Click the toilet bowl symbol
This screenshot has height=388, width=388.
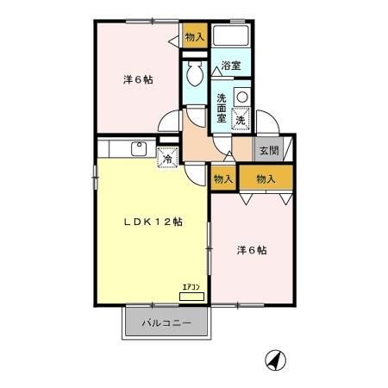pos(195,74)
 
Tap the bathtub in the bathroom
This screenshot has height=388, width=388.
pos(231,35)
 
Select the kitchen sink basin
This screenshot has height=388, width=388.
pos(139,148)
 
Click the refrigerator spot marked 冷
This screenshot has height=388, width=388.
pos(167,157)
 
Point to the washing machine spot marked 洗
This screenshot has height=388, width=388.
pos(241,119)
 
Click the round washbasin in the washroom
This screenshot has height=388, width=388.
pos(242,97)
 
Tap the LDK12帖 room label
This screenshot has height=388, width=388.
pos(153,222)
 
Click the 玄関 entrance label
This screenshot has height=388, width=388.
pos(269,150)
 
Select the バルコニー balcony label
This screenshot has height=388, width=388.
pos(166,323)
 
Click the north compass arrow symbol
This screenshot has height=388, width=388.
pos(275,360)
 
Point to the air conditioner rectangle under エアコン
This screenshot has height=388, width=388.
pos(191,297)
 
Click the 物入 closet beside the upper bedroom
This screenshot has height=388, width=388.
pos(195,35)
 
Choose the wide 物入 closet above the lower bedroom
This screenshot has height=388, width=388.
pos(266,178)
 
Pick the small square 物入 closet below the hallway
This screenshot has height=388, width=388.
pos(223,178)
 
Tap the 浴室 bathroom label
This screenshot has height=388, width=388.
pos(231,66)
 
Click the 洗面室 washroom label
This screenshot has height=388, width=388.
pos(222,109)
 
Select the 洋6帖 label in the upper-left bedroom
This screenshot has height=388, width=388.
pos(138,79)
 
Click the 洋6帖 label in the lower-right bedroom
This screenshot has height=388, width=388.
pos(252,250)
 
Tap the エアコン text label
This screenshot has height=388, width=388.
pos(191,287)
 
